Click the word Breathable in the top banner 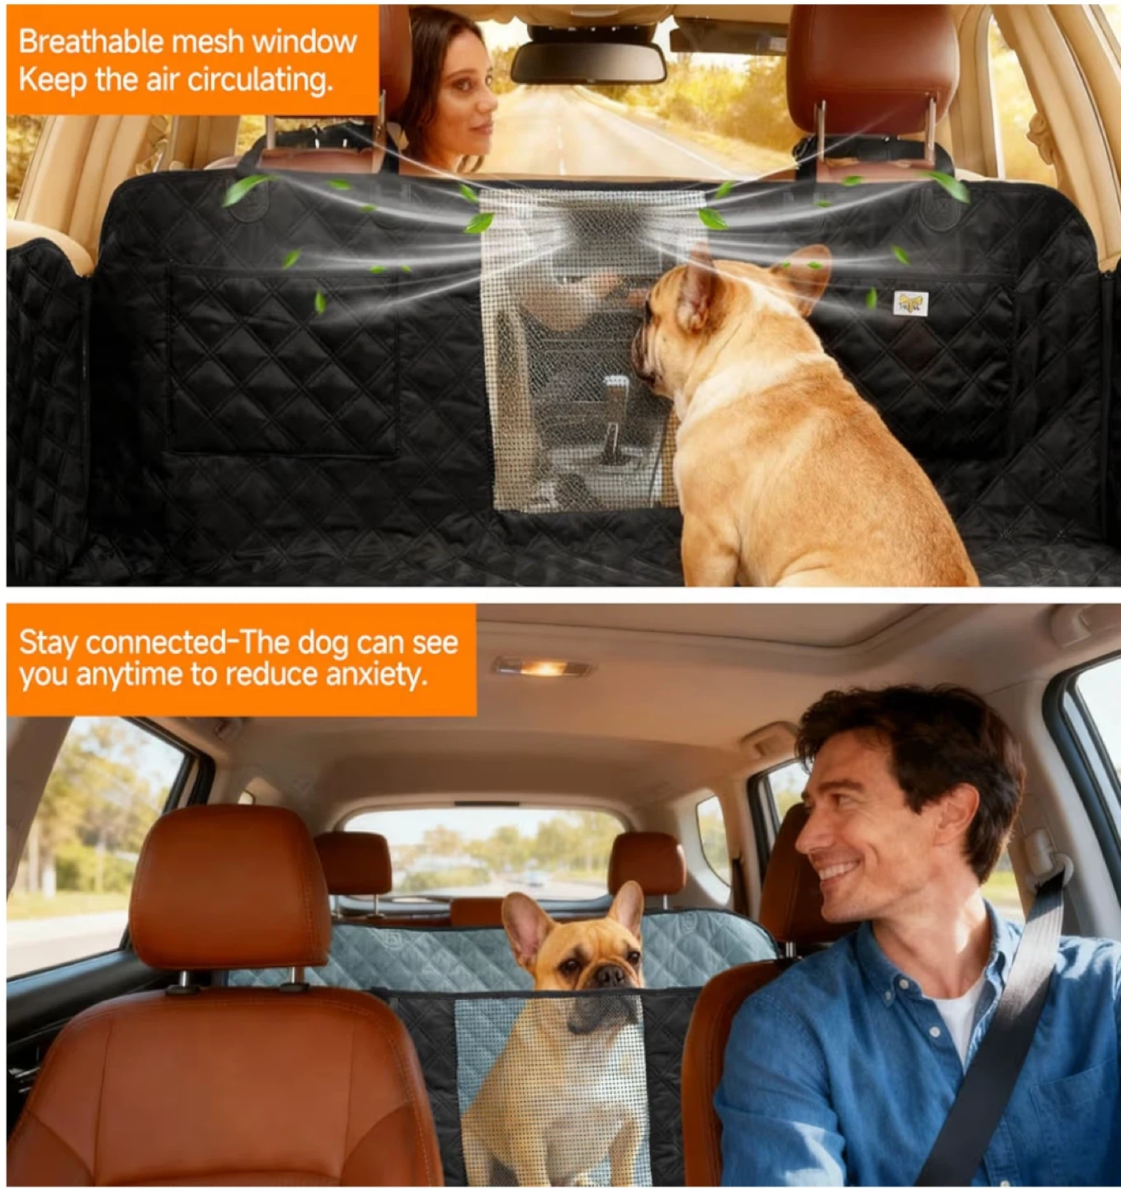tap(91, 42)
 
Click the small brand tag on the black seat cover tap(911, 303)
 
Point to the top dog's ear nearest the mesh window tap(699, 287)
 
